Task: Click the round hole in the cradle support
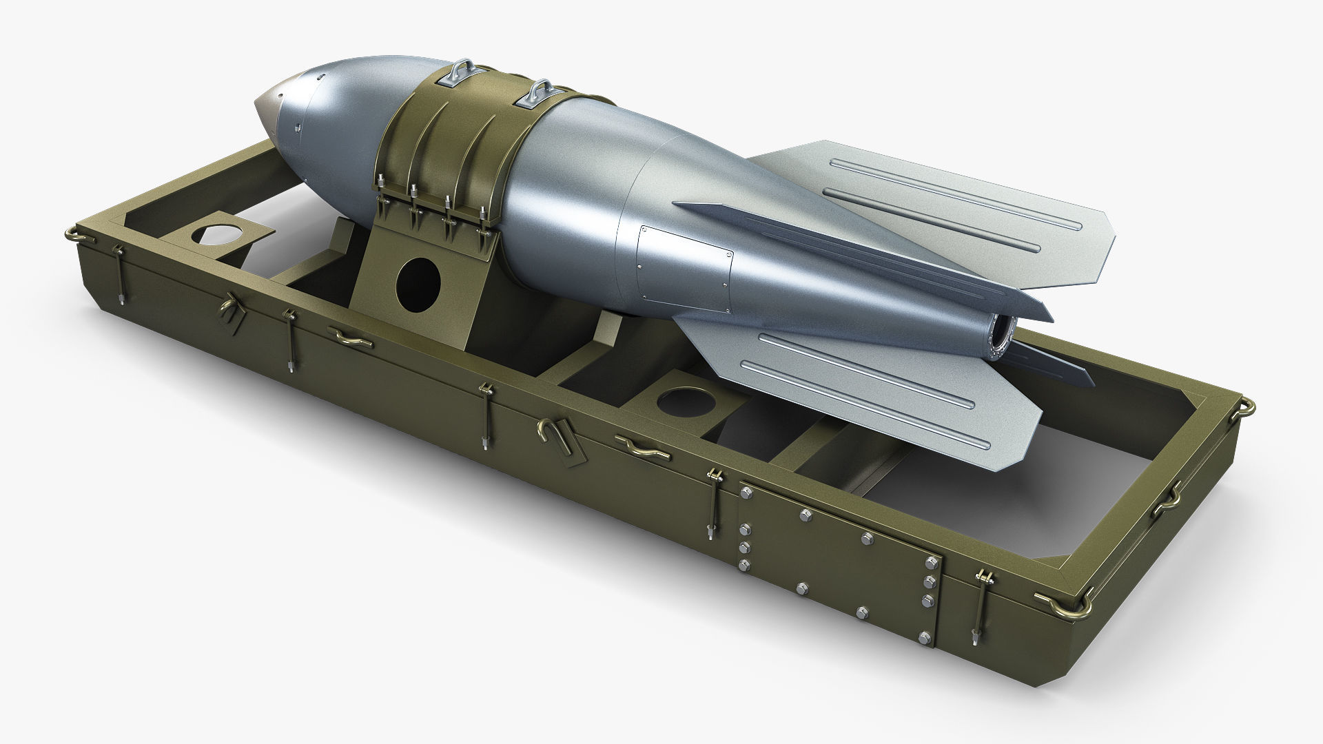click(418, 282)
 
